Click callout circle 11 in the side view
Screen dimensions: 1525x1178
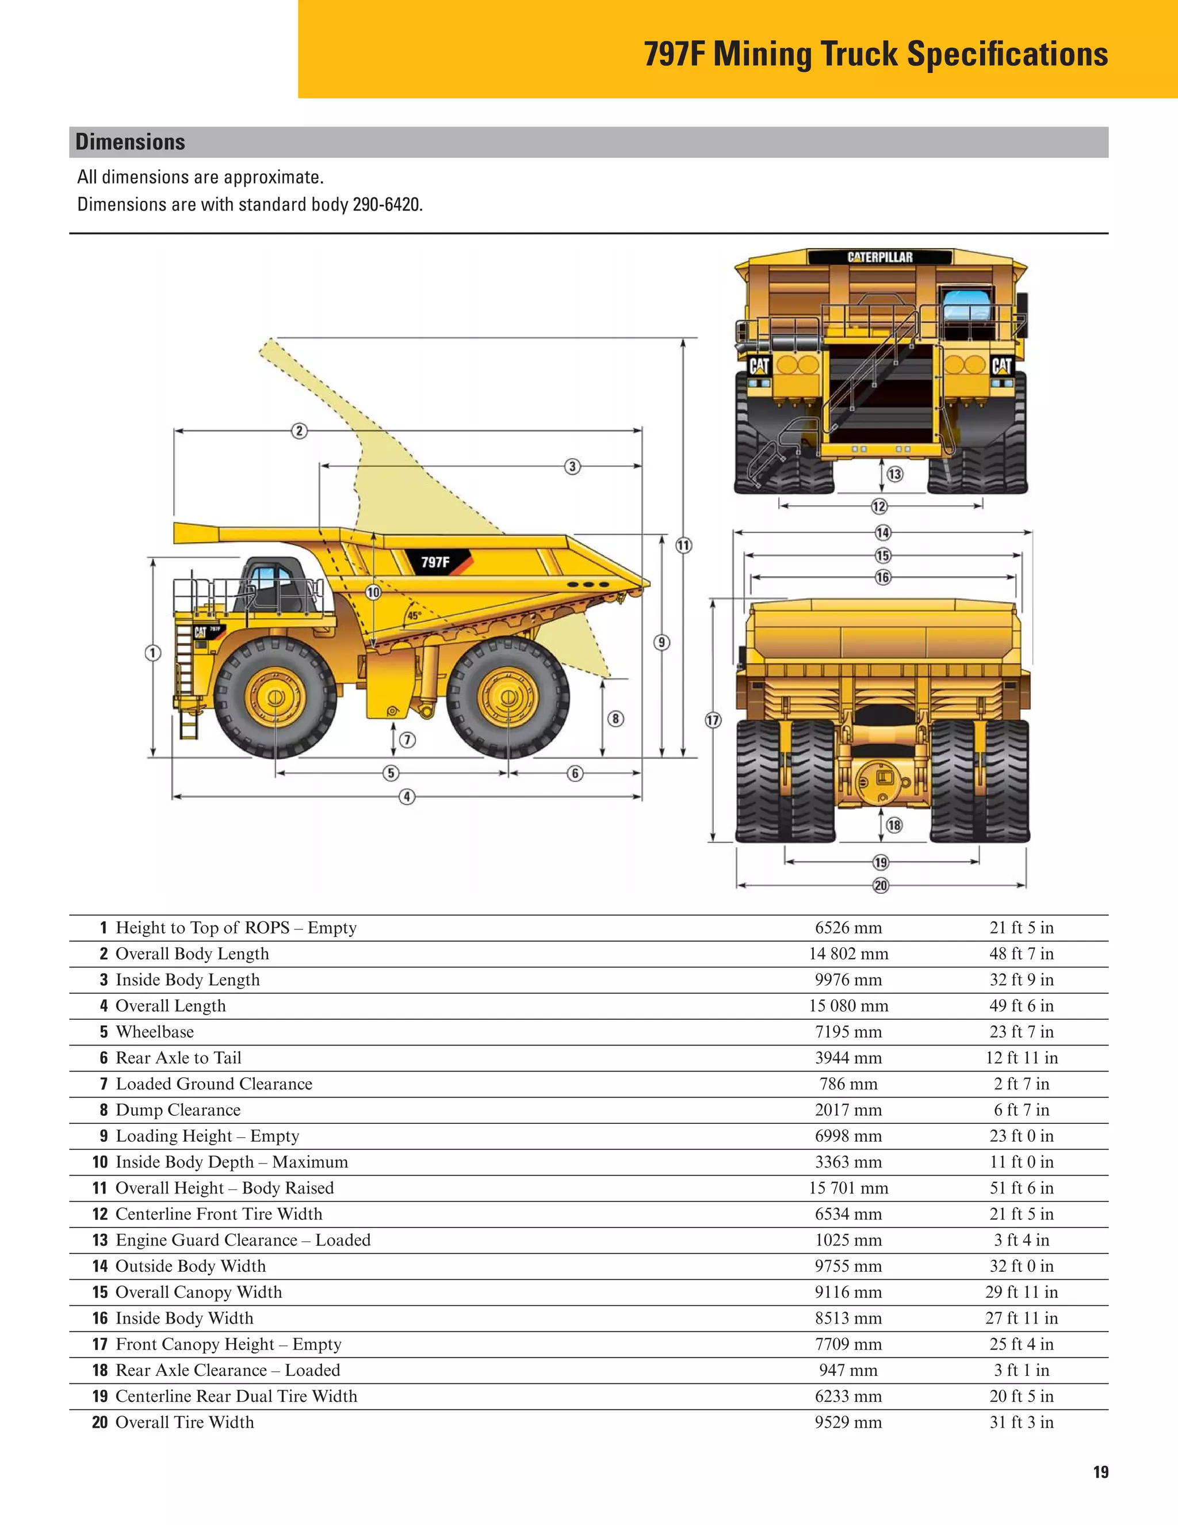click(x=683, y=546)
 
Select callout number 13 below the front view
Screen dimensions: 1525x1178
click(x=894, y=474)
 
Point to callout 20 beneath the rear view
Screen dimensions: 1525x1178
click(x=881, y=886)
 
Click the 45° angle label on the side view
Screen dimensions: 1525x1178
click(x=414, y=616)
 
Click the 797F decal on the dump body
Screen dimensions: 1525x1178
click(x=435, y=562)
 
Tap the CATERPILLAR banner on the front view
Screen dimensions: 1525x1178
click(x=879, y=257)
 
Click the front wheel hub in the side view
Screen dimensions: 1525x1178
click(x=275, y=697)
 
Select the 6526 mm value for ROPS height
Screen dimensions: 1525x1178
click(x=848, y=928)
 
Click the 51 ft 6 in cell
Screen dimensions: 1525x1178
click(x=1021, y=1188)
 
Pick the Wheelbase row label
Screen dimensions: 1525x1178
click(x=154, y=1032)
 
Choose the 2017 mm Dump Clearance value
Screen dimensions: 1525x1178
click(x=848, y=1110)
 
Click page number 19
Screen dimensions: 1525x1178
click(x=1100, y=1473)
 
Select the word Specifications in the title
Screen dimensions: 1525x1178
click(x=1007, y=54)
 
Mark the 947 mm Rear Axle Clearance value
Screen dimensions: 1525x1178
click(x=848, y=1371)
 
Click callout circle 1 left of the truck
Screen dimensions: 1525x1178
click(x=153, y=653)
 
